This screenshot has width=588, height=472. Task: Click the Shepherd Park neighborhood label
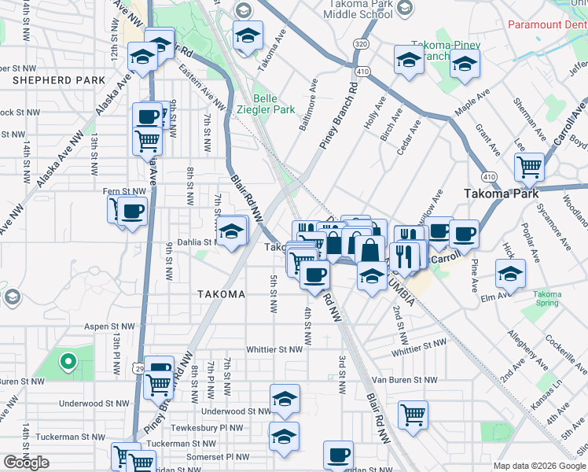point(59,80)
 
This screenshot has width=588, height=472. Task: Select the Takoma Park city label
point(501,193)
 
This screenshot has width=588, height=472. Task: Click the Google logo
point(26,463)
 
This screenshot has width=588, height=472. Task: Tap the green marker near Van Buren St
point(68,362)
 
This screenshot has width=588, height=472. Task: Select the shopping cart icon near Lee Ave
point(529,166)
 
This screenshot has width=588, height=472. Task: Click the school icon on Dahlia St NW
point(231,231)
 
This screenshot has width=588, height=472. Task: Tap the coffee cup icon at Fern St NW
point(133,211)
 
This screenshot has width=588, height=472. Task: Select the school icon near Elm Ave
point(510,274)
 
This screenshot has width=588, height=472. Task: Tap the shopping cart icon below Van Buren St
point(412,413)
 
